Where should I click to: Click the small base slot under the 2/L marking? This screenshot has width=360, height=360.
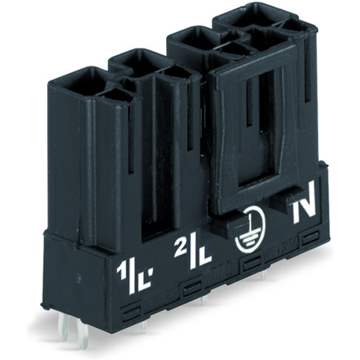pos(192,285)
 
